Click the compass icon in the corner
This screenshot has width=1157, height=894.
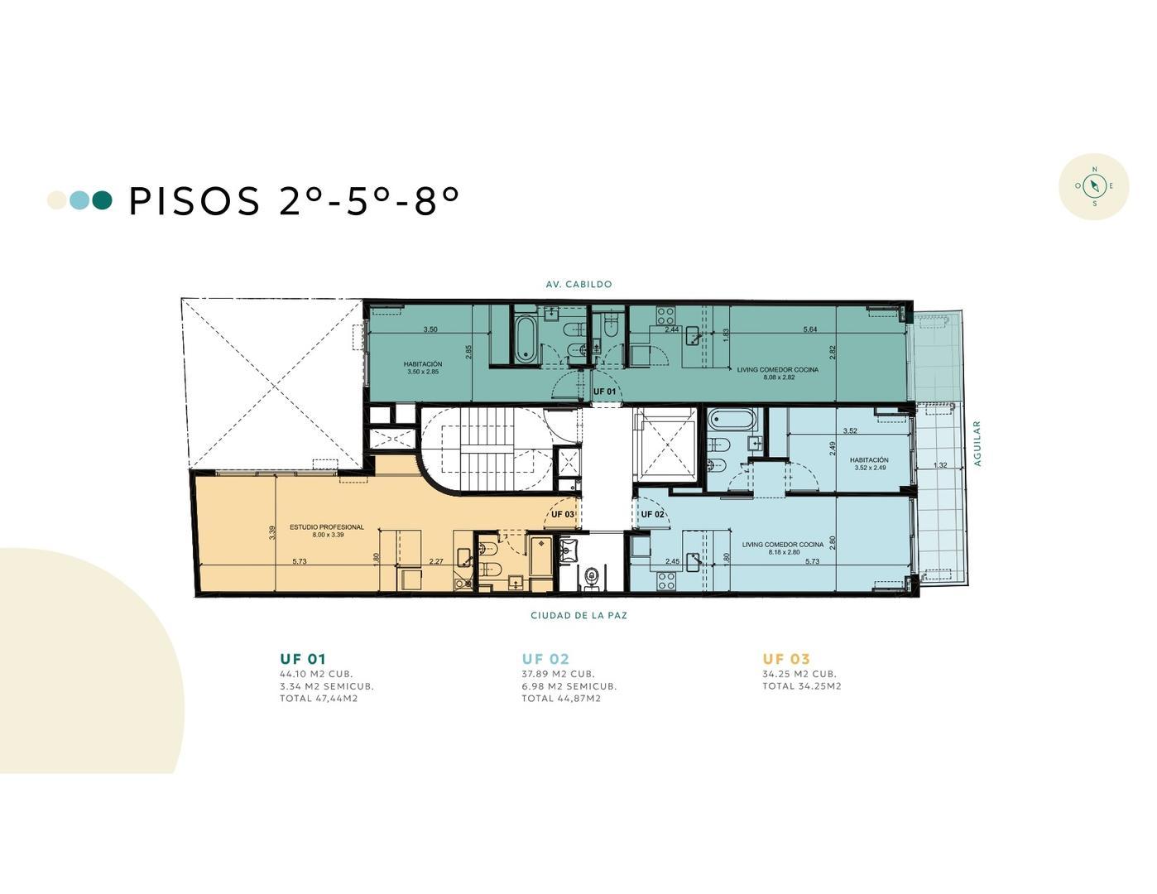point(1093,186)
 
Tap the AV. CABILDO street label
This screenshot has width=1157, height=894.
point(578,284)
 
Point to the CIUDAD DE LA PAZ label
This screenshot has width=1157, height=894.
point(578,615)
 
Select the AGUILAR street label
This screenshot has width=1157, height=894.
point(977,444)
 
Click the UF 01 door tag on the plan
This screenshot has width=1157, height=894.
point(604,391)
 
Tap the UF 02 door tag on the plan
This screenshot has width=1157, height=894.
point(652,514)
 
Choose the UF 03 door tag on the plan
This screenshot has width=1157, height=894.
point(563,514)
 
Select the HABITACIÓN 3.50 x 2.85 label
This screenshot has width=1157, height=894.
point(423,368)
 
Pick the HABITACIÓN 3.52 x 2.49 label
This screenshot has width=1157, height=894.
point(869,464)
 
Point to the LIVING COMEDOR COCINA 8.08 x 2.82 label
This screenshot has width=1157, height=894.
point(777,373)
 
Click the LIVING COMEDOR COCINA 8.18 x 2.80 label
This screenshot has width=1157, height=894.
point(782,548)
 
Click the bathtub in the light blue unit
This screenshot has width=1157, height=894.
point(732,420)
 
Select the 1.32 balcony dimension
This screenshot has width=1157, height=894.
point(940,465)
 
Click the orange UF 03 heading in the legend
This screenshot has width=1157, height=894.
point(785,659)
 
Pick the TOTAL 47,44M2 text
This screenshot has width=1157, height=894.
point(319,698)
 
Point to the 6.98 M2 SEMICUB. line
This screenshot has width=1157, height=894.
point(569,685)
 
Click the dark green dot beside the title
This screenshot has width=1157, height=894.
point(102,200)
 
